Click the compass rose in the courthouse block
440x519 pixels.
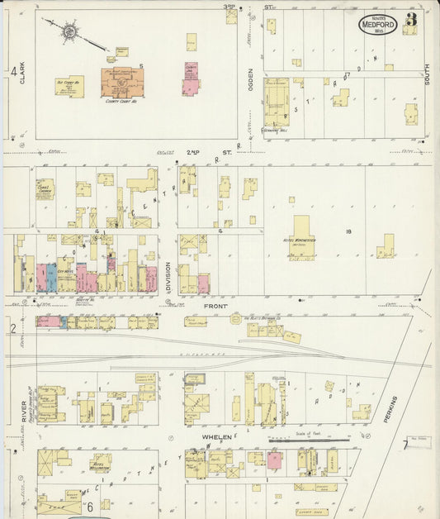pos(69,33)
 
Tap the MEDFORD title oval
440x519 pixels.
pos(377,24)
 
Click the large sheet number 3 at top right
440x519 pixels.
pos(410,19)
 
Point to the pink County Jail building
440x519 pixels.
pos(191,83)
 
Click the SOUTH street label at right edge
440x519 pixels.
pos(428,77)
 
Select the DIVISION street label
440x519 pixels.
pos(168,276)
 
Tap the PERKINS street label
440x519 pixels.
pos(392,411)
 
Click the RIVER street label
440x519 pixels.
pos(23,411)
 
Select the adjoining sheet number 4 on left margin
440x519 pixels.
pos(13,73)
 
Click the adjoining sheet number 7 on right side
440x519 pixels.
pos(405,445)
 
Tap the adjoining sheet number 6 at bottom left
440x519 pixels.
pos(89,506)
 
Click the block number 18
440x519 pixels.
pos(350,232)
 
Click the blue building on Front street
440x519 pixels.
pos(51,277)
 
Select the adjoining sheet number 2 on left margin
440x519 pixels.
pos(12,328)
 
